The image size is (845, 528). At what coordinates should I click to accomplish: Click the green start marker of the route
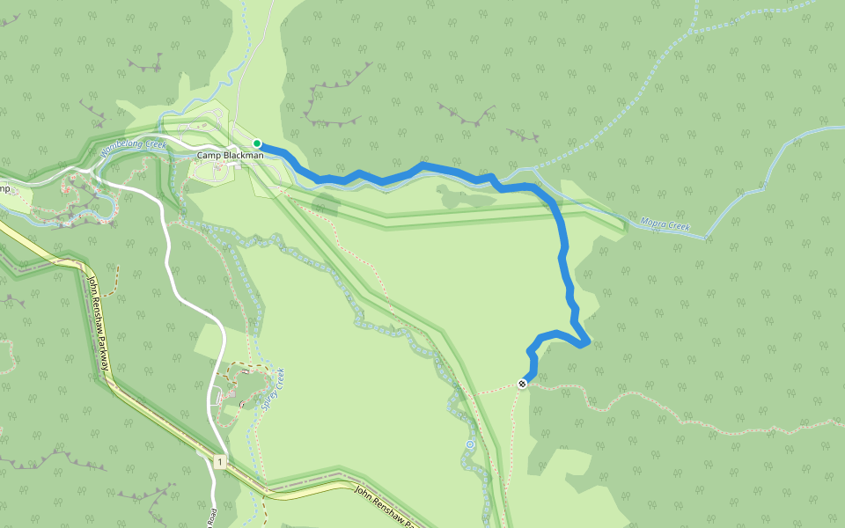pos(257,143)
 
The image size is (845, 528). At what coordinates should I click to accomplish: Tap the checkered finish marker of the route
pos(523,384)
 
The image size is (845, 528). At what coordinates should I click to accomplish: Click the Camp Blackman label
pos(230,156)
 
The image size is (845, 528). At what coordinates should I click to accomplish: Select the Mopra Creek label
pos(665,226)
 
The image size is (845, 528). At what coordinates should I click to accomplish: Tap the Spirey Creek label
pos(275,389)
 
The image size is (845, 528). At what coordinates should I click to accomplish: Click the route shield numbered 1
pos(217,461)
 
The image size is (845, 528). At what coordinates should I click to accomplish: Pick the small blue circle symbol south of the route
pos(470,444)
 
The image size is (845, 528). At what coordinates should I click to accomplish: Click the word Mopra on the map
pos(652,224)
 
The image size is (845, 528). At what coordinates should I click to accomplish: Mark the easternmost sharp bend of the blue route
pos(586,341)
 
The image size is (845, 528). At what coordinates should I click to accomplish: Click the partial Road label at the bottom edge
pos(213,517)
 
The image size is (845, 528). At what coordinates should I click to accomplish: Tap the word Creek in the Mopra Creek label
pos(678,228)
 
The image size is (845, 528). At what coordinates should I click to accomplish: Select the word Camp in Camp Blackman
pos(207,156)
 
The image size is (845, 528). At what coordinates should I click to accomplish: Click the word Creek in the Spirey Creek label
pos(279,378)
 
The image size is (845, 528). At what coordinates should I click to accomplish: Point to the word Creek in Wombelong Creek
pos(153,142)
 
